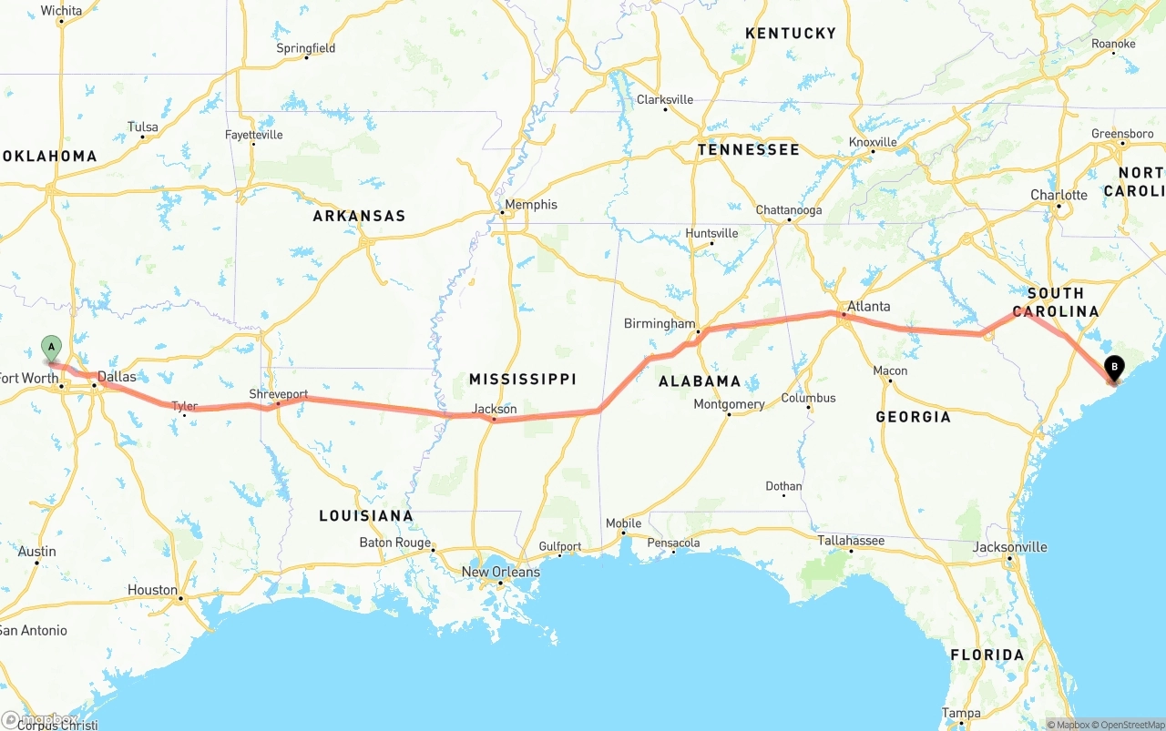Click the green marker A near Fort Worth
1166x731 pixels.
tap(52, 347)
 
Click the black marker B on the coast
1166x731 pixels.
tap(1113, 368)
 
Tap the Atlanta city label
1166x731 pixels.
tap(868, 306)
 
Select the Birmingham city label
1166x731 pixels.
tap(659, 323)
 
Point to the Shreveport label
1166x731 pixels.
tap(279, 394)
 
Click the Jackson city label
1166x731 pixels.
tap(495, 409)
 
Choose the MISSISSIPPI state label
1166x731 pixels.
tap(522, 379)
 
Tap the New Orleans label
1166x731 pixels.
tap(500, 572)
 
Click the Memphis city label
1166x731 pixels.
tap(531, 205)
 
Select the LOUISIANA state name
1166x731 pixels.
tap(365, 516)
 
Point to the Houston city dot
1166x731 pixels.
tap(181, 599)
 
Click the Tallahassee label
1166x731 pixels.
tap(851, 541)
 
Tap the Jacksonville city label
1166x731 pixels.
tap(1009, 547)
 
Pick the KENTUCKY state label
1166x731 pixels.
tap(790, 34)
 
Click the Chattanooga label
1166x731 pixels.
tap(789, 210)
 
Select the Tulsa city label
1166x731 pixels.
tap(143, 127)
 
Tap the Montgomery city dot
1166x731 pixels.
tap(729, 415)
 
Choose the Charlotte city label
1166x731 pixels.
tap(1059, 195)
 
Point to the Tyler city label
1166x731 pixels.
tap(184, 406)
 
